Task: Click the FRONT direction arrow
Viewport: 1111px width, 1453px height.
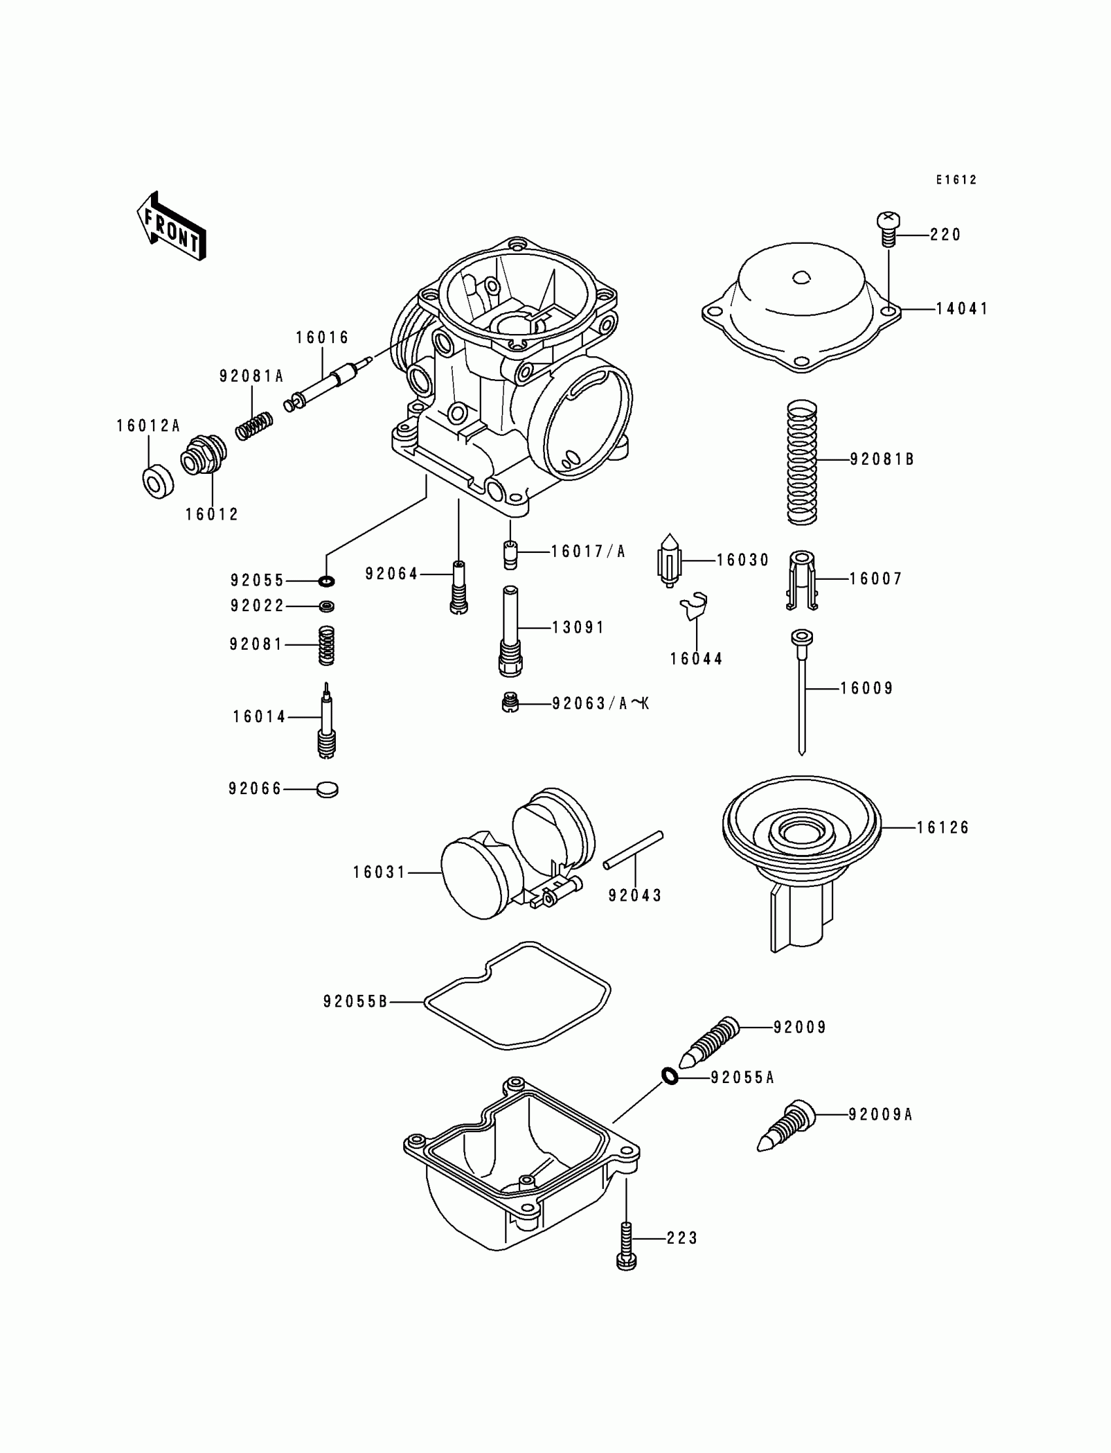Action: click(x=171, y=227)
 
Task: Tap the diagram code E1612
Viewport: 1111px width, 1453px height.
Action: click(x=955, y=180)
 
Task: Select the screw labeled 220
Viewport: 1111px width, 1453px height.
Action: click(x=889, y=228)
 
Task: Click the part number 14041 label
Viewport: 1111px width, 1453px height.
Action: click(x=961, y=309)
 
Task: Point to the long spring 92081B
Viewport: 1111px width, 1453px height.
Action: click(x=801, y=462)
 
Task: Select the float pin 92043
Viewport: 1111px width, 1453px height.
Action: click(x=633, y=850)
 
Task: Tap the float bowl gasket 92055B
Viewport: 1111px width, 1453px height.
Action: click(x=516, y=997)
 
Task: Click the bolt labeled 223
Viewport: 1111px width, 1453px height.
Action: click(x=625, y=1244)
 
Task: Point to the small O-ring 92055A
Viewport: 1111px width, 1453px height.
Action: click(x=670, y=1076)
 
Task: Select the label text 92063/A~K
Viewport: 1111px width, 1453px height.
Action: click(x=601, y=704)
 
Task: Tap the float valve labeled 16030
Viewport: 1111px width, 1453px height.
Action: click(x=669, y=561)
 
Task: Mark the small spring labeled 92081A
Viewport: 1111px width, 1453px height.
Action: click(x=255, y=426)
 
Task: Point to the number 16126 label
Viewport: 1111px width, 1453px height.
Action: click(x=942, y=827)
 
